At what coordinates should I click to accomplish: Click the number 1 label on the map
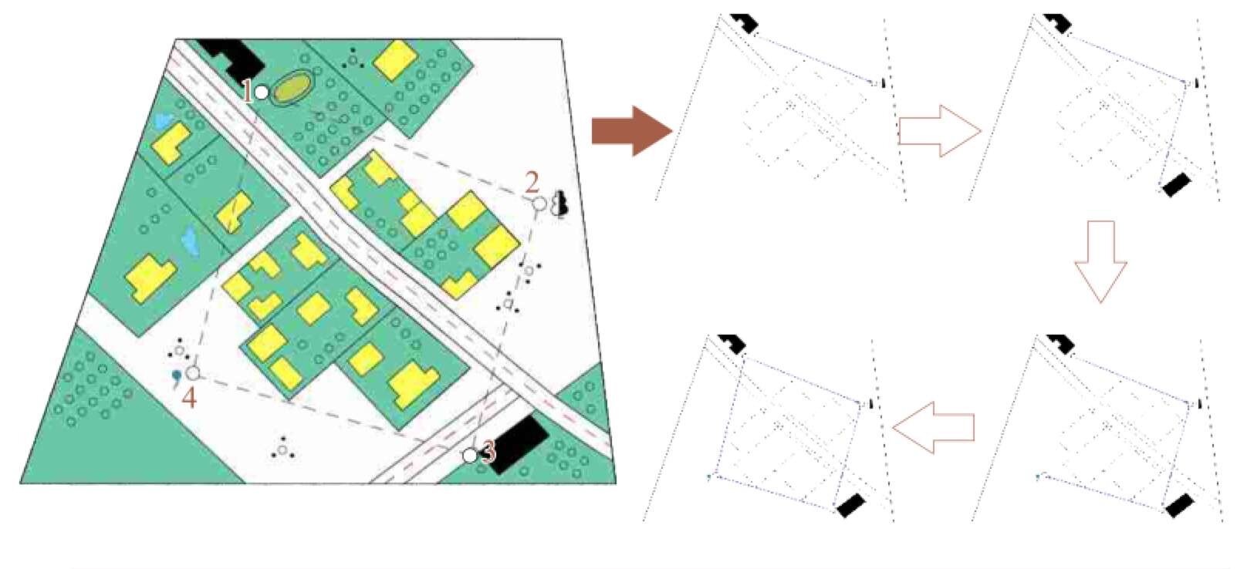point(248,93)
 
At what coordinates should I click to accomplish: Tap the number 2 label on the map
point(531,183)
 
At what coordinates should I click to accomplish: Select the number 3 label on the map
point(488,453)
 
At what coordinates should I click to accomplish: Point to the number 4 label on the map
point(189,398)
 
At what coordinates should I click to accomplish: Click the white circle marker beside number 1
point(262,93)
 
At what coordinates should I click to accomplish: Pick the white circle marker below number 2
point(539,204)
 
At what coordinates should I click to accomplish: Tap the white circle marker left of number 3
point(470,456)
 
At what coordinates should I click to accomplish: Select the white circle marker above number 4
point(192,373)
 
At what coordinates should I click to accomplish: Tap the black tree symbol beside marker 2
point(563,203)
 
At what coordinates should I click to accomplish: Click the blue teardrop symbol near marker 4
point(176,377)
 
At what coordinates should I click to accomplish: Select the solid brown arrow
point(632,131)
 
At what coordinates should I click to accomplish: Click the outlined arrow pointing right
point(940,131)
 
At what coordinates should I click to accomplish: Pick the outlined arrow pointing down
point(1100,261)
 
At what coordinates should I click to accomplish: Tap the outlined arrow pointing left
point(933,428)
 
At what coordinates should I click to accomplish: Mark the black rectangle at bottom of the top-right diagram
point(1176,185)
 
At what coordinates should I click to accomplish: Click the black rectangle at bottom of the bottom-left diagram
point(851,506)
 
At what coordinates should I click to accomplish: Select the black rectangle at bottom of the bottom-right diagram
point(1179,506)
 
